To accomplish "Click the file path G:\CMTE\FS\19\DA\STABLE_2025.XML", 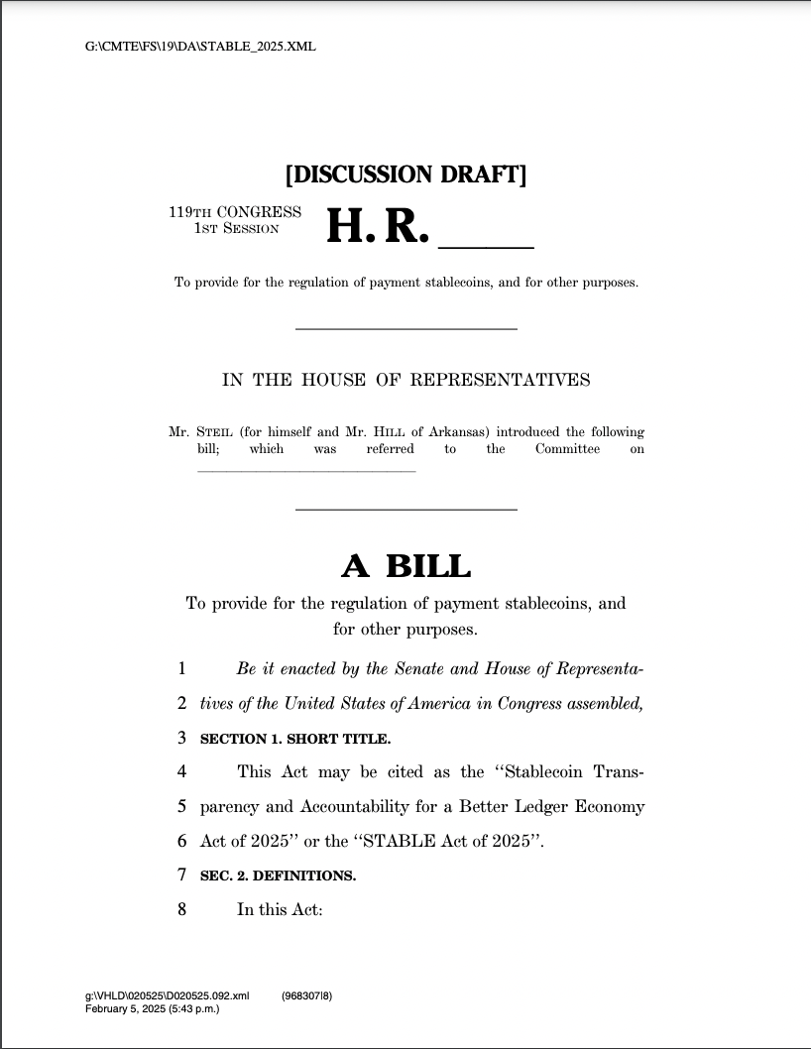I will pyautogui.click(x=201, y=47).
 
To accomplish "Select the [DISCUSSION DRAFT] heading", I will pyautogui.click(x=405, y=175).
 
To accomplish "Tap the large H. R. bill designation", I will pyautogui.click(x=378, y=227).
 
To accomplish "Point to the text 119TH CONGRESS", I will pyautogui.click(x=235, y=212).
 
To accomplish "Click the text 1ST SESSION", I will pyautogui.click(x=236, y=228).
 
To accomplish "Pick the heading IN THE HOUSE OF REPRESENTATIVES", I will pyautogui.click(x=405, y=380).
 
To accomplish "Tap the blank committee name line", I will pyautogui.click(x=306, y=470).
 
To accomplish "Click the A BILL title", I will pyautogui.click(x=405, y=566).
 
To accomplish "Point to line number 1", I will pyautogui.click(x=182, y=669).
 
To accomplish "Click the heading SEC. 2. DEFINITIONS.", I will pyautogui.click(x=278, y=875).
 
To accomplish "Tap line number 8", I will pyautogui.click(x=182, y=909).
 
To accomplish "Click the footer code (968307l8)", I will pyautogui.click(x=306, y=995).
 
